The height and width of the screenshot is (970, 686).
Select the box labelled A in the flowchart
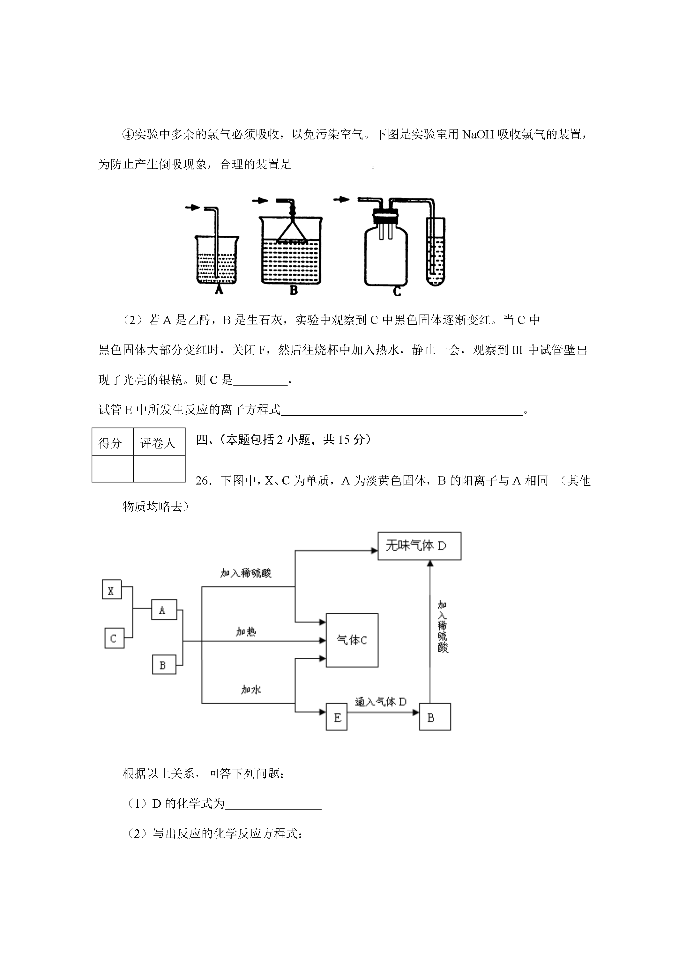pos(164,610)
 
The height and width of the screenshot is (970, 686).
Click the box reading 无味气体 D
pos(419,546)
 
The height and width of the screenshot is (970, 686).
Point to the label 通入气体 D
pos(381,702)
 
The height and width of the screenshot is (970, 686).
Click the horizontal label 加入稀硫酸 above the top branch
pos(246,573)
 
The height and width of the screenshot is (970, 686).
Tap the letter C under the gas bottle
pos(397,291)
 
